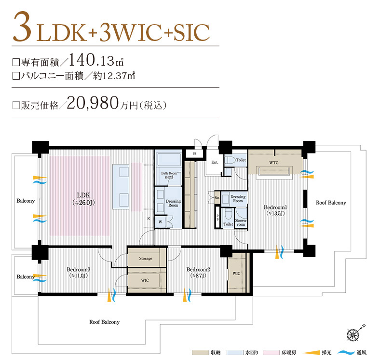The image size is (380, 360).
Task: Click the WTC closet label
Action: [274, 163]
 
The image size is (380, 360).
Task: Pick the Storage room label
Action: [146, 259]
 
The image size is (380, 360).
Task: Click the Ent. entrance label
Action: [215, 163]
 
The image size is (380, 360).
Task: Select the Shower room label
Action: [241, 222]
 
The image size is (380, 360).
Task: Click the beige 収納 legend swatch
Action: [199, 353]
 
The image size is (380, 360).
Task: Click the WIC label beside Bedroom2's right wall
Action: [236, 274]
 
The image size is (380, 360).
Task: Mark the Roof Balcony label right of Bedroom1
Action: [331, 203]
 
